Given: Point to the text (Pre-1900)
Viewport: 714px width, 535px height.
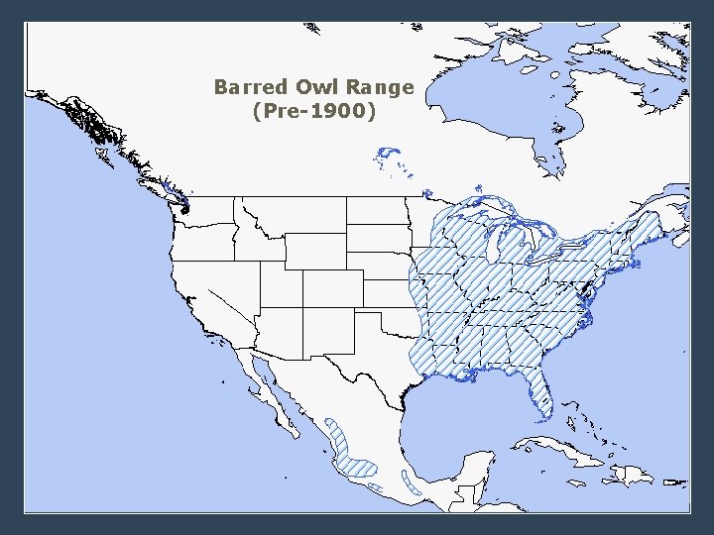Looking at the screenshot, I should [314, 112].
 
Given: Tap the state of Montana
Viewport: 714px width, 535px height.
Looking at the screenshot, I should [293, 218].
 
